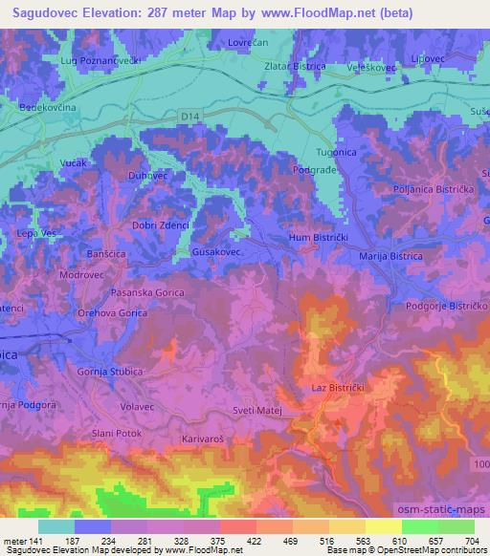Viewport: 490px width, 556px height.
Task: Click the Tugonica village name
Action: pos(336,153)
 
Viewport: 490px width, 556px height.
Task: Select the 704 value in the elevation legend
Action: pos(471,540)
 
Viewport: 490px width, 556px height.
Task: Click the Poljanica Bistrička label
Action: pos(416,191)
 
